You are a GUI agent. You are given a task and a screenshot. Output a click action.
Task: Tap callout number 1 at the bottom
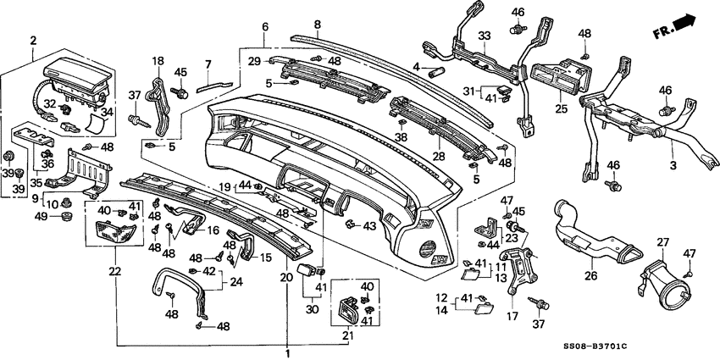click(287, 353)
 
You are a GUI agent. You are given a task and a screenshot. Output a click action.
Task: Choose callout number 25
click(561, 109)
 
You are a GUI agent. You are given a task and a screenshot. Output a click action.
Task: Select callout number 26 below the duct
click(590, 275)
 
